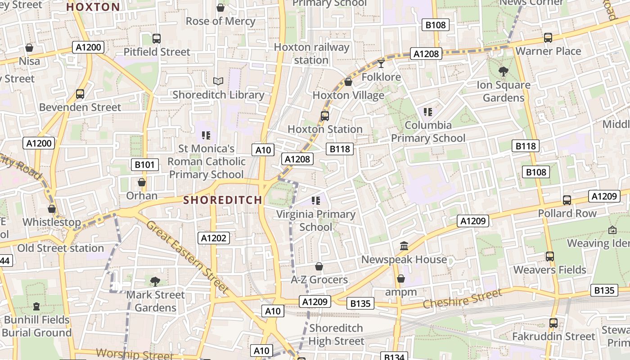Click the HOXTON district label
(x=93, y=7)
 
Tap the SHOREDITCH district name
(x=223, y=200)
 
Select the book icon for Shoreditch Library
(x=218, y=81)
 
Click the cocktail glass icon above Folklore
(x=381, y=63)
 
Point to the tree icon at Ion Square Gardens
(x=504, y=71)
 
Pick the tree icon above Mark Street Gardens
(x=155, y=281)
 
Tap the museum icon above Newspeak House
(x=404, y=246)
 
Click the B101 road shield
(x=144, y=165)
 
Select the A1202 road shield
(x=214, y=238)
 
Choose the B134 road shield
(x=394, y=357)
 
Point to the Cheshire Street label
(x=462, y=299)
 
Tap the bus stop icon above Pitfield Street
(x=157, y=39)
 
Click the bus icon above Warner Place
(x=548, y=38)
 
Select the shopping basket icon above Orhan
(x=142, y=182)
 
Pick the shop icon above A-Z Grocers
(x=319, y=266)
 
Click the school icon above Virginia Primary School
(x=316, y=201)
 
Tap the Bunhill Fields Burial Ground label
(x=36, y=326)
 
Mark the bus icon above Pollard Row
(x=567, y=200)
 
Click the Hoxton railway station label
(x=311, y=54)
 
